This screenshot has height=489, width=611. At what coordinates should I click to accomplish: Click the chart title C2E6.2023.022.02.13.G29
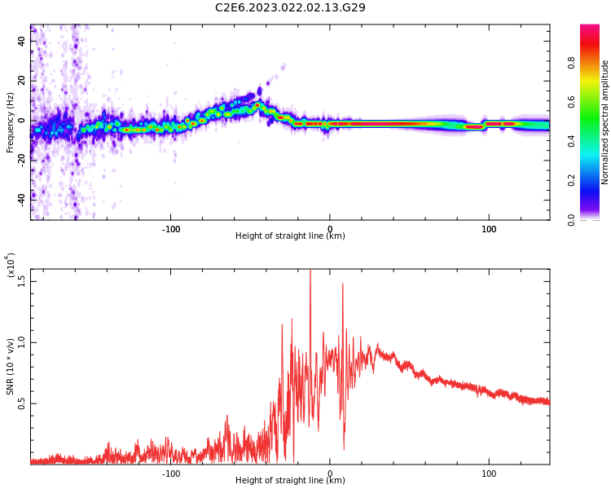click(x=290, y=8)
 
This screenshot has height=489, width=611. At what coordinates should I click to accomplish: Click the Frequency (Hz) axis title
click(x=11, y=122)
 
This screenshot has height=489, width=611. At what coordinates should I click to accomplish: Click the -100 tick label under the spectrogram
click(x=170, y=228)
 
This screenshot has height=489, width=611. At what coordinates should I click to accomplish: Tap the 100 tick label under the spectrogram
click(x=489, y=228)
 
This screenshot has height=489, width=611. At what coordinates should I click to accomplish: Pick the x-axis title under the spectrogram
click(x=290, y=236)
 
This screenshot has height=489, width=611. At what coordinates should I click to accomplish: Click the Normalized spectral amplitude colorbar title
click(x=605, y=122)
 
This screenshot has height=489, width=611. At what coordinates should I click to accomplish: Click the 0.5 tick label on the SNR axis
click(x=20, y=403)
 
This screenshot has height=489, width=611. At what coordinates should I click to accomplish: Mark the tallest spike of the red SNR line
click(x=310, y=272)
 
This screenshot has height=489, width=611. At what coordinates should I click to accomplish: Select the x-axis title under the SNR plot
click(x=290, y=481)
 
